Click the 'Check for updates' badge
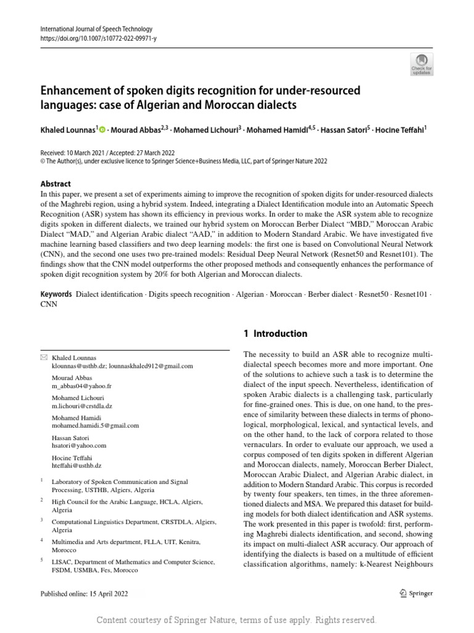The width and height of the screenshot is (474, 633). pyautogui.click(x=422, y=62)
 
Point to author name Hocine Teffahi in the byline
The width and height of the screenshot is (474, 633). pyautogui.click(x=402, y=130)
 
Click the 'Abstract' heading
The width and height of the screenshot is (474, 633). pyautogui.click(x=56, y=184)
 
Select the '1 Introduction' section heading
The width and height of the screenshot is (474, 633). pyautogui.click(x=275, y=334)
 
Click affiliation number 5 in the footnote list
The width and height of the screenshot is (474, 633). pyautogui.click(x=41, y=561)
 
